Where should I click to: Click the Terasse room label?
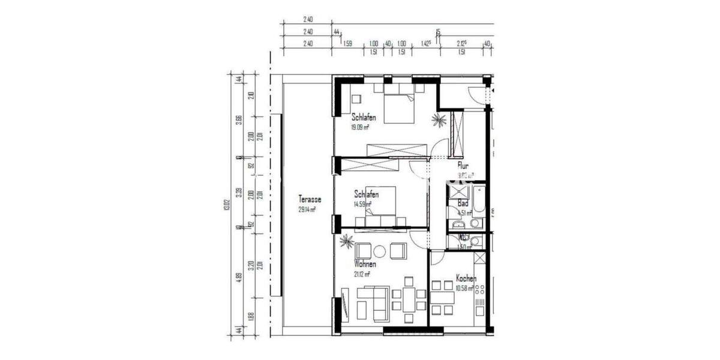click(x=310, y=199)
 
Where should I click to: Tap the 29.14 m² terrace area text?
click(x=307, y=210)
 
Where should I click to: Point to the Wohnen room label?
click(x=365, y=264)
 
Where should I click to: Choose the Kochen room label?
click(x=466, y=278)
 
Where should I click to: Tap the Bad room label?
click(x=463, y=204)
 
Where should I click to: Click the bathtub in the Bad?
click(x=478, y=201)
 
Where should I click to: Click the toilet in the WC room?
click(x=475, y=241)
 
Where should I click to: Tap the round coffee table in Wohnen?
click(x=379, y=250)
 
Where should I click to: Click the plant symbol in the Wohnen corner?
click(x=346, y=242)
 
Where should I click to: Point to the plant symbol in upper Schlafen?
click(x=439, y=120)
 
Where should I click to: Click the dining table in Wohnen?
click(x=409, y=298)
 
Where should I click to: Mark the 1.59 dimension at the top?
click(x=347, y=43)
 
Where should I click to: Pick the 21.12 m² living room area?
click(x=362, y=274)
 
